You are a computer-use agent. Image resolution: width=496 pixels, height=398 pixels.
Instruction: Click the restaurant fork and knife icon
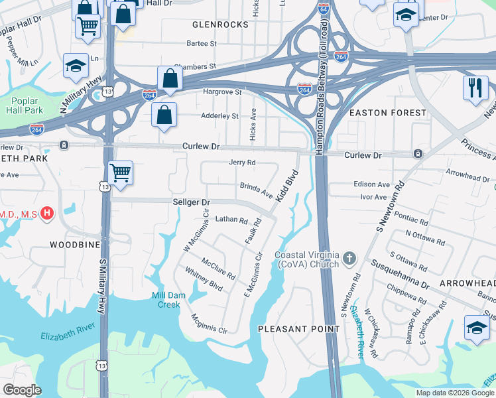point(475,88)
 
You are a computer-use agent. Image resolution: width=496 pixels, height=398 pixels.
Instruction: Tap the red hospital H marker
point(46,214)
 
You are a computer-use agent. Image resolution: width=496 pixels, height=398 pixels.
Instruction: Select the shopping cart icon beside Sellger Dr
point(120,174)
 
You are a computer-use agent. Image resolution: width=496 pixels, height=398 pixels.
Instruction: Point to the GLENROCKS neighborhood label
point(220,25)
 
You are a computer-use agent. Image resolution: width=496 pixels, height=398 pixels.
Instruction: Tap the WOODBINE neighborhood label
point(75,245)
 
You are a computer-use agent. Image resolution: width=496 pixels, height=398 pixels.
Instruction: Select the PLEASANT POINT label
point(298,328)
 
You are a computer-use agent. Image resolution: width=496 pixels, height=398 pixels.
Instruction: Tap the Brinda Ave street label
point(257,191)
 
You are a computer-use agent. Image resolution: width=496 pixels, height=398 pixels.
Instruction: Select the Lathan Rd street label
point(231,219)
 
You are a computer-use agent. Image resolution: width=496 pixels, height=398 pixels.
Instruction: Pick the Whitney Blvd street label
point(204,279)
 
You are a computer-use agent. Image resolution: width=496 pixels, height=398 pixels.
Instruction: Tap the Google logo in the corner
point(22,390)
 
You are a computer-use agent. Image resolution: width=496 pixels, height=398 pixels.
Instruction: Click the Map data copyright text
point(454,393)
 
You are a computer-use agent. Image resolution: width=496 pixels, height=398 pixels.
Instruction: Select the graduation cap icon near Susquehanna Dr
point(476,329)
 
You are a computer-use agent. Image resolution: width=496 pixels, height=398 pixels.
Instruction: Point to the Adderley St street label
point(219,116)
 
